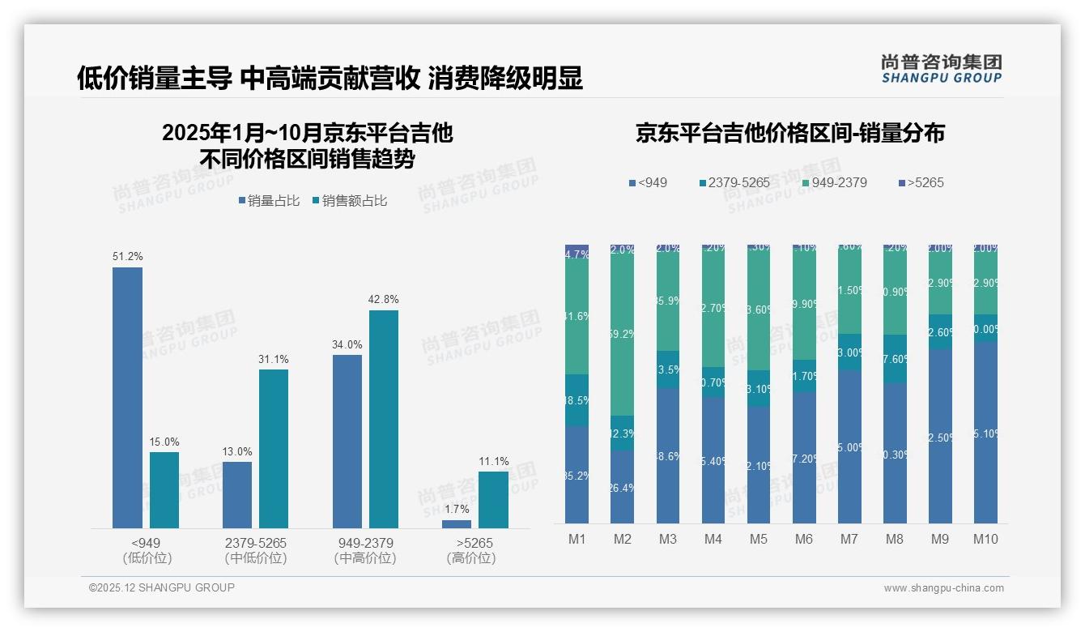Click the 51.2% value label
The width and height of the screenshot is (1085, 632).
pyautogui.click(x=128, y=257)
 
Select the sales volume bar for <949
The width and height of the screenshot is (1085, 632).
pyautogui.click(x=127, y=398)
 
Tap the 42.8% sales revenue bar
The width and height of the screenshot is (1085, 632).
pyautogui.click(x=384, y=419)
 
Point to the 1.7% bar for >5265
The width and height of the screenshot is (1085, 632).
pyautogui.click(x=457, y=524)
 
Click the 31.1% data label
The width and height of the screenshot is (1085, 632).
pyautogui.click(x=274, y=359)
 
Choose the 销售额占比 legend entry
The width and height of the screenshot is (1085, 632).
pyautogui.click(x=349, y=201)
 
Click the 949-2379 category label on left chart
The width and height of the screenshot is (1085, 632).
pyautogui.click(x=364, y=543)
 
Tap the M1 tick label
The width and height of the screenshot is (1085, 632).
pyautogui.click(x=577, y=540)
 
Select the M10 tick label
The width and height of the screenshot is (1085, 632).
pyautogui.click(x=985, y=540)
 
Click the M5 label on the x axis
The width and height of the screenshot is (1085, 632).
pyautogui.click(x=758, y=540)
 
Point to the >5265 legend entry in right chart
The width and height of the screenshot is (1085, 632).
pyautogui.click(x=921, y=183)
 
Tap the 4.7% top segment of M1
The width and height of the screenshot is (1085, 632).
pyautogui.click(x=577, y=254)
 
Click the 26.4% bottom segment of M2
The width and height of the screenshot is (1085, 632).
pyautogui.click(x=622, y=486)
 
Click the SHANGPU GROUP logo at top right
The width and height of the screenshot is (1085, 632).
pyautogui.click(x=941, y=69)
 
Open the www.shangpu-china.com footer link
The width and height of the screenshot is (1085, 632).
pyautogui.click(x=943, y=588)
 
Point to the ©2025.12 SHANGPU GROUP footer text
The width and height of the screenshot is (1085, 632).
pyautogui.click(x=162, y=588)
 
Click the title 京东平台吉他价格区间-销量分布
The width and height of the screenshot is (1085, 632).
pyautogui.click(x=789, y=134)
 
